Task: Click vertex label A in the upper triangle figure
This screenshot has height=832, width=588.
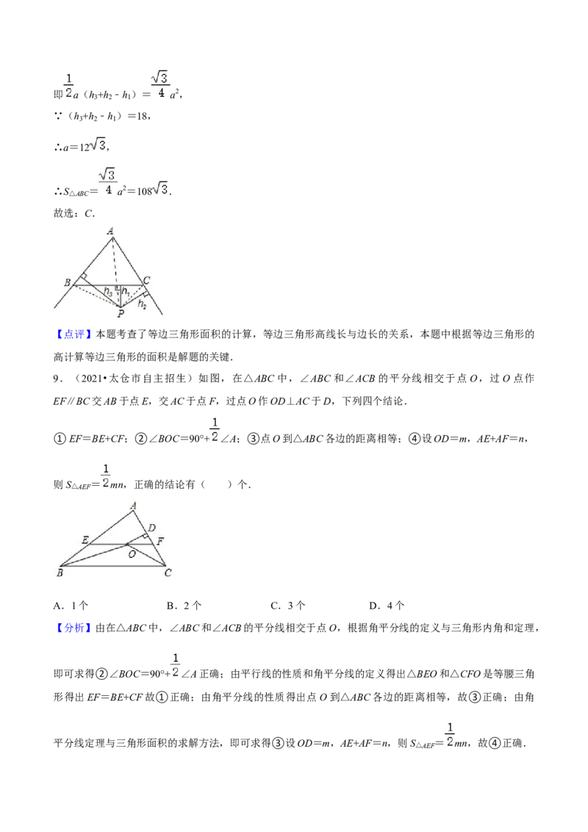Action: click(x=110, y=232)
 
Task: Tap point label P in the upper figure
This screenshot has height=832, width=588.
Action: click(x=121, y=314)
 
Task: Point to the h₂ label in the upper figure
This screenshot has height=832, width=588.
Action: click(x=143, y=304)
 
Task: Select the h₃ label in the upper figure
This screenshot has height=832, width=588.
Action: click(x=108, y=291)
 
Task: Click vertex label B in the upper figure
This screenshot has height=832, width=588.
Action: click(x=68, y=282)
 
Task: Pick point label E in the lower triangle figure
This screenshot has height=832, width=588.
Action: click(x=85, y=540)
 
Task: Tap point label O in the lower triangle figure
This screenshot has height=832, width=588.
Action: click(x=132, y=554)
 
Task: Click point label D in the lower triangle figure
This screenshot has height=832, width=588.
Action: click(x=151, y=528)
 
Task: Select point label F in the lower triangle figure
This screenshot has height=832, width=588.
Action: click(x=160, y=541)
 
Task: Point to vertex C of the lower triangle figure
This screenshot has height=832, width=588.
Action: click(x=165, y=566)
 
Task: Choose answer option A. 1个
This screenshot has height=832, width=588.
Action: click(x=71, y=606)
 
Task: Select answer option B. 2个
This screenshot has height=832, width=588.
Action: click(x=184, y=606)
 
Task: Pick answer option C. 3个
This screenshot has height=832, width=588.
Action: click(x=288, y=606)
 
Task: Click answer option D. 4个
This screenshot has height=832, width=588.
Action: click(x=387, y=606)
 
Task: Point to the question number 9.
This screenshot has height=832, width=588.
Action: click(x=57, y=379)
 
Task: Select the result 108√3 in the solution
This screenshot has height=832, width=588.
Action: click(x=154, y=190)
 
